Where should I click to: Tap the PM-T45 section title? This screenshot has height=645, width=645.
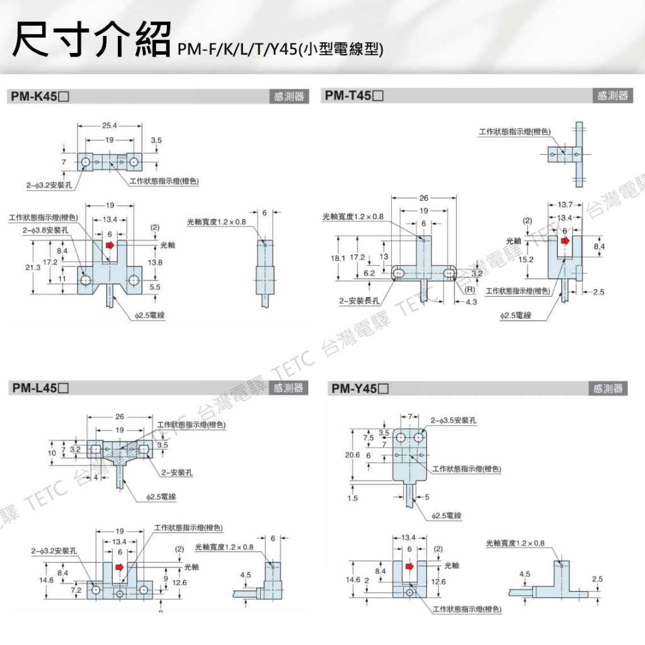pyautogui.click(x=354, y=96)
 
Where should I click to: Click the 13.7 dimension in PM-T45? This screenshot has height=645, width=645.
pyautogui.click(x=564, y=205)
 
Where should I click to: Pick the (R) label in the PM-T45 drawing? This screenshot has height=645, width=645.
pyautogui.click(x=469, y=290)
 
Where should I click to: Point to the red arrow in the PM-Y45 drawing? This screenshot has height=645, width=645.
pyautogui.click(x=411, y=566)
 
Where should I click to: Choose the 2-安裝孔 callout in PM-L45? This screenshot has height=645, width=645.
pyautogui.click(x=177, y=472)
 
